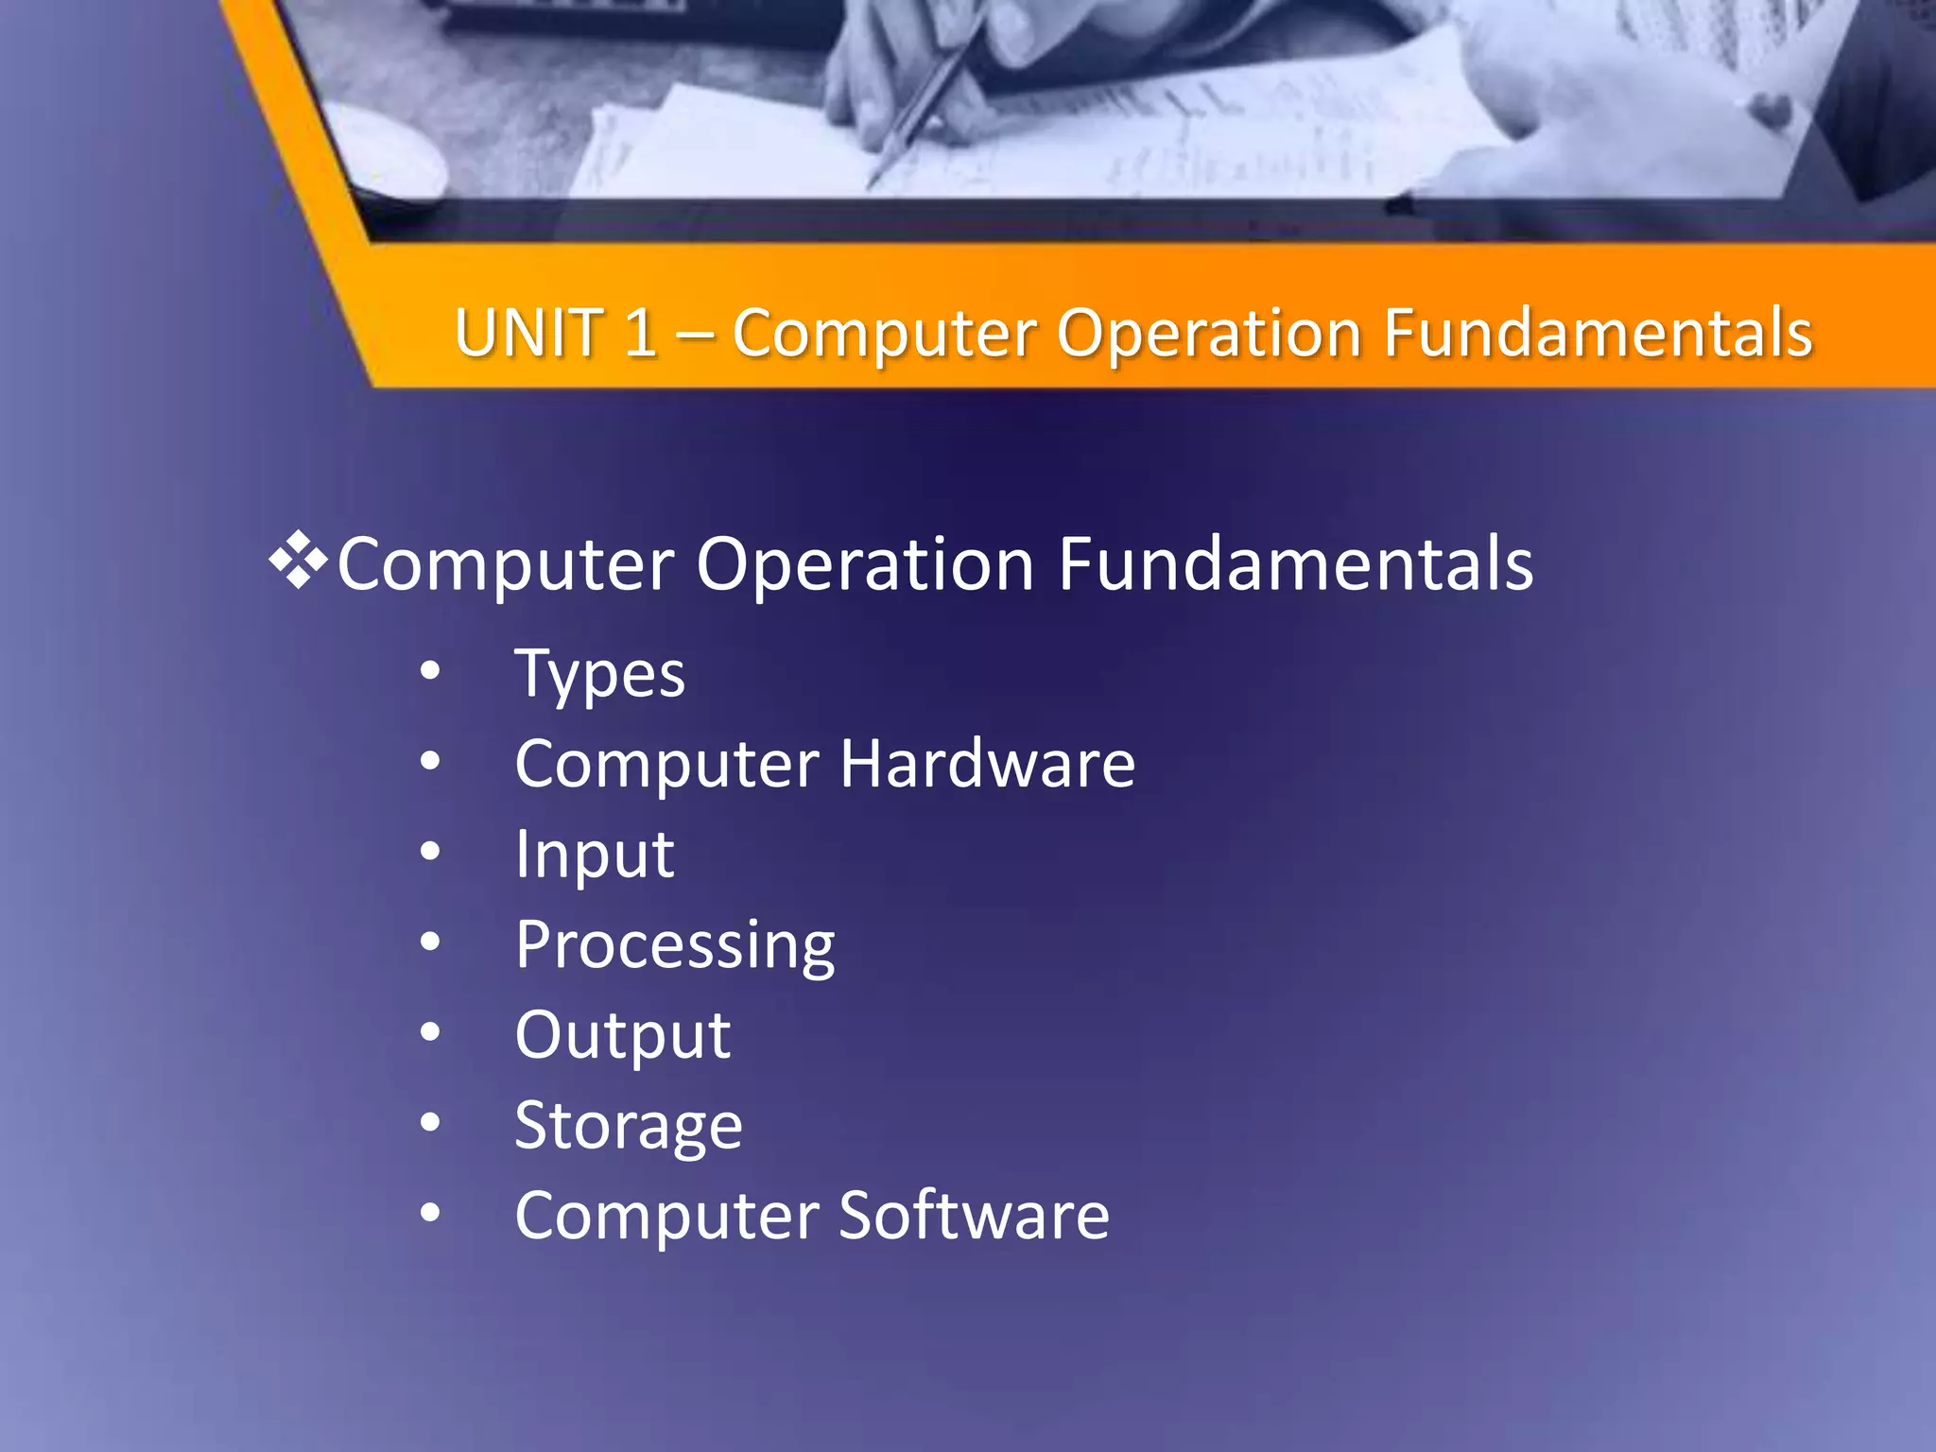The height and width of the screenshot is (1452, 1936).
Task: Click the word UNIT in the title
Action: coord(529,333)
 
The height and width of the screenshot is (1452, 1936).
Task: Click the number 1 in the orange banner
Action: coord(641,333)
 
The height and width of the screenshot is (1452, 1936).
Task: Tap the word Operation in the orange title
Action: coord(1208,335)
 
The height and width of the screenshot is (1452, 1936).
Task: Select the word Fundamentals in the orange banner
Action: coord(1598,333)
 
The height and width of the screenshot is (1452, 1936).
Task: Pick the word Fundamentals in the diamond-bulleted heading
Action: coord(1295,563)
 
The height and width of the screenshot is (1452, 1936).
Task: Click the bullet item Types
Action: coord(599,675)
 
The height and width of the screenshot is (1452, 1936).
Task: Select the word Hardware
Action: coord(987,763)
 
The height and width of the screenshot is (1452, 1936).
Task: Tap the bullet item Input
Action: coord(594,855)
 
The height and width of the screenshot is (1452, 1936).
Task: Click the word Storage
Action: coord(629,1126)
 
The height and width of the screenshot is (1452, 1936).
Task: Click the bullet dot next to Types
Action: coord(430,671)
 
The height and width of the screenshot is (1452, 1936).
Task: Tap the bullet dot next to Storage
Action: coord(430,1122)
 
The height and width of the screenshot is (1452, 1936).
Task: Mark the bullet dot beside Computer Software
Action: coord(430,1212)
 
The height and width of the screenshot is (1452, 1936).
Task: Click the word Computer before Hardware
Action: coord(666,765)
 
